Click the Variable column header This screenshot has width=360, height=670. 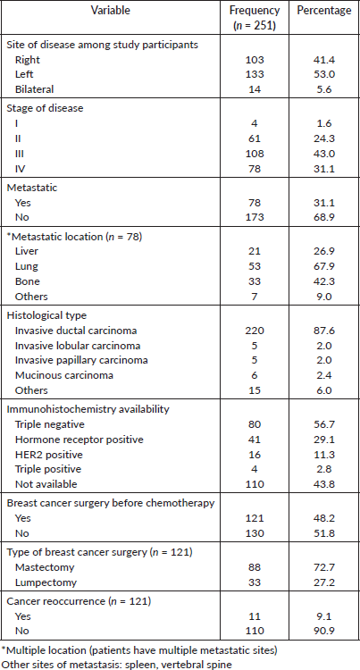point(111,11)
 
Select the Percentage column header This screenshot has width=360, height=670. point(324,11)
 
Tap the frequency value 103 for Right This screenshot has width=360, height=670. point(255,59)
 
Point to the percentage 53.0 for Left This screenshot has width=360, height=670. point(324,74)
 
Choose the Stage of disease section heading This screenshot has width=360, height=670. point(45,108)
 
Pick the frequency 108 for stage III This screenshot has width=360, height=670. point(255,153)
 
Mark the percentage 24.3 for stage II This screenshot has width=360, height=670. point(324,138)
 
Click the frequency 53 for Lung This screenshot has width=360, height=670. point(255,266)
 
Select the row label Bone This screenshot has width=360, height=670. point(28,281)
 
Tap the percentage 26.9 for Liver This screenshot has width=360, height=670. point(324,252)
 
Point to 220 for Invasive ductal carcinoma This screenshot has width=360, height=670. point(255,331)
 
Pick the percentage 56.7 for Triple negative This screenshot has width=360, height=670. point(324,424)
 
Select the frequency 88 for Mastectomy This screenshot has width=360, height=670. point(255,567)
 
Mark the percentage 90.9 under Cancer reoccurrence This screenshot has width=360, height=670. point(324,631)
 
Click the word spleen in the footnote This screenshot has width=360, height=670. point(128,665)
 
